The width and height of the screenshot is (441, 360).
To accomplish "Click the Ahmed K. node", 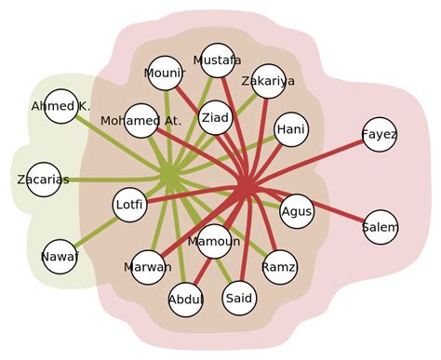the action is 60,106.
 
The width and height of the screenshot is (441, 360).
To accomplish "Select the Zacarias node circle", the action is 43,180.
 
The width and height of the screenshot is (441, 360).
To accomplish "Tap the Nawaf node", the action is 60,256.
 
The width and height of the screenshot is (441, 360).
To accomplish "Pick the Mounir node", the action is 165,73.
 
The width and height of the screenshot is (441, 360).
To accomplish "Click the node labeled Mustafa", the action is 218,60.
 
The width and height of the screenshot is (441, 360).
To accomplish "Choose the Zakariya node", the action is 268,81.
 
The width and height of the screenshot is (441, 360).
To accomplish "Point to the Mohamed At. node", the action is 140,120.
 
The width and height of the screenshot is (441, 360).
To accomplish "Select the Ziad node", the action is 215,117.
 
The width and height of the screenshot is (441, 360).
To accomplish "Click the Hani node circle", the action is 291,129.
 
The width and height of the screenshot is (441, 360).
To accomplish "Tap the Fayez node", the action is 380,135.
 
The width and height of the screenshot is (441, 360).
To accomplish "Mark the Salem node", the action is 380,227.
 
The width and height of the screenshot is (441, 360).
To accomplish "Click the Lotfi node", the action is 129,206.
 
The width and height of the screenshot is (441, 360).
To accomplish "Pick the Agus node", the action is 297,210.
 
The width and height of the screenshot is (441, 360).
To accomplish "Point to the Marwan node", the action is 148,267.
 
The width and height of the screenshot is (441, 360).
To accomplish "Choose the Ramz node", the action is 279,268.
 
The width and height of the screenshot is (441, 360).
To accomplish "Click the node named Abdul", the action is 186,300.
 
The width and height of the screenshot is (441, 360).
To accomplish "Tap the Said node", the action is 240,298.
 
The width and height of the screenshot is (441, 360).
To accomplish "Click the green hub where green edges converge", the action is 169,176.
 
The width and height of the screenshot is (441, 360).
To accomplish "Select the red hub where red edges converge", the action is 244,186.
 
